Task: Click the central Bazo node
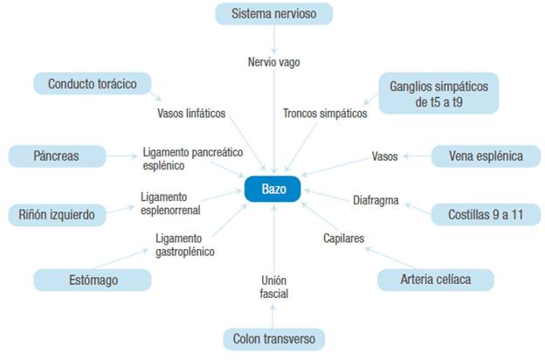coord(272,189)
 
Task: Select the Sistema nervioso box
coord(274,14)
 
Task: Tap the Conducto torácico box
coord(93,84)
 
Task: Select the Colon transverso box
coord(273,339)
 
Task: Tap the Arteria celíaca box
coord(435,280)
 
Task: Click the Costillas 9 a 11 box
coord(485,214)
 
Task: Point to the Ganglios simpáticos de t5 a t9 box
coord(439,93)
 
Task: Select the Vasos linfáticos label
coord(190,114)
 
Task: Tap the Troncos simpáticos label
coord(325,114)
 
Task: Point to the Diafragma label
coord(376,200)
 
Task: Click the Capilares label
coord(343,237)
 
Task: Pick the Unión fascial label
coord(273,287)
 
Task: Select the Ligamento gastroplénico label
coord(185,245)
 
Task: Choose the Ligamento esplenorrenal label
coord(170,204)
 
